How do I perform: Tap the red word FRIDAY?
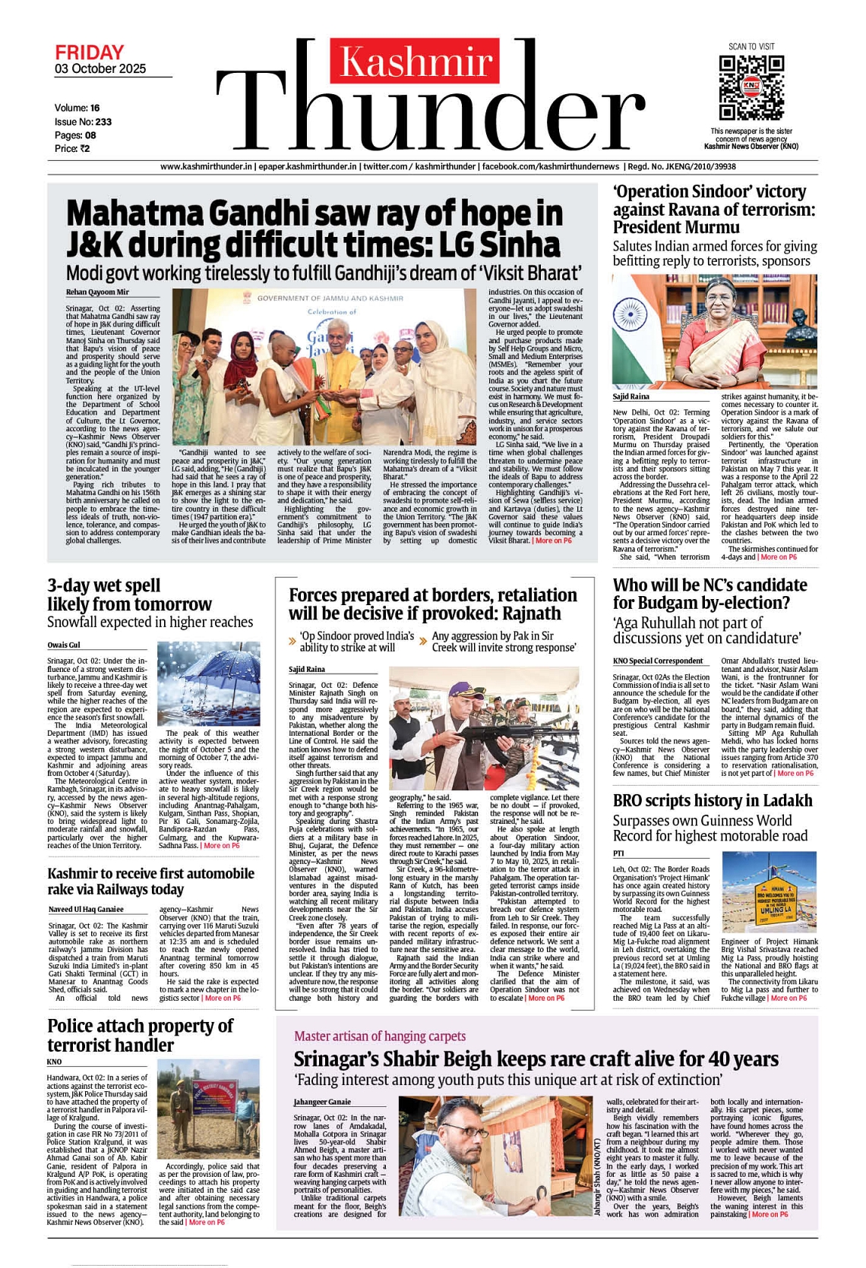coord(89,52)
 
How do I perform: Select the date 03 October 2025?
coord(100,69)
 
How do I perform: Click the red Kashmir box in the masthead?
coord(415,61)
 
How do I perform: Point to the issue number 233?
coord(103,121)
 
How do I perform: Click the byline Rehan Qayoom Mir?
coord(97,292)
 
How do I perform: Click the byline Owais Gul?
coord(63,645)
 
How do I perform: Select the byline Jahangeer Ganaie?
coord(322,1102)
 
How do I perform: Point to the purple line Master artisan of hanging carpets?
coord(380,1036)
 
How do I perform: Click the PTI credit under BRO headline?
coord(618,853)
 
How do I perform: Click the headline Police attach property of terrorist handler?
coord(140,1035)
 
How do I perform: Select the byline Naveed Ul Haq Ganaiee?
coord(86,909)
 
